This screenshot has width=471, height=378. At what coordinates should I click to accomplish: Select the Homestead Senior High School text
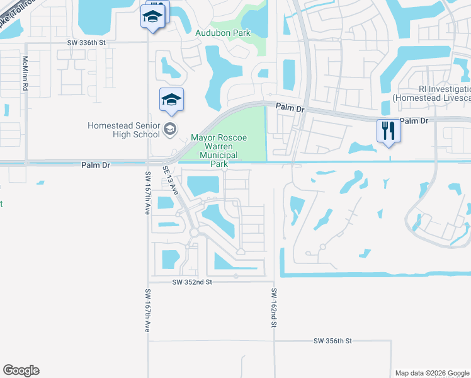(x=123, y=130)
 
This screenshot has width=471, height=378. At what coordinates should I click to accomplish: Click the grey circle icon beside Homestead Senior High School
(x=169, y=130)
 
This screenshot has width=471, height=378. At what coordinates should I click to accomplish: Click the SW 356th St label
(x=332, y=341)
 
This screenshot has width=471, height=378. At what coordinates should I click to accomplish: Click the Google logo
(x=21, y=370)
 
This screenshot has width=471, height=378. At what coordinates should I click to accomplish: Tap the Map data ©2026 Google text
(x=431, y=373)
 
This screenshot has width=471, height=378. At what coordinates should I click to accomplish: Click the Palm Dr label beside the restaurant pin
(x=414, y=120)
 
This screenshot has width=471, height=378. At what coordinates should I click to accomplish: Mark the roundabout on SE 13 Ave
(x=194, y=233)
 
